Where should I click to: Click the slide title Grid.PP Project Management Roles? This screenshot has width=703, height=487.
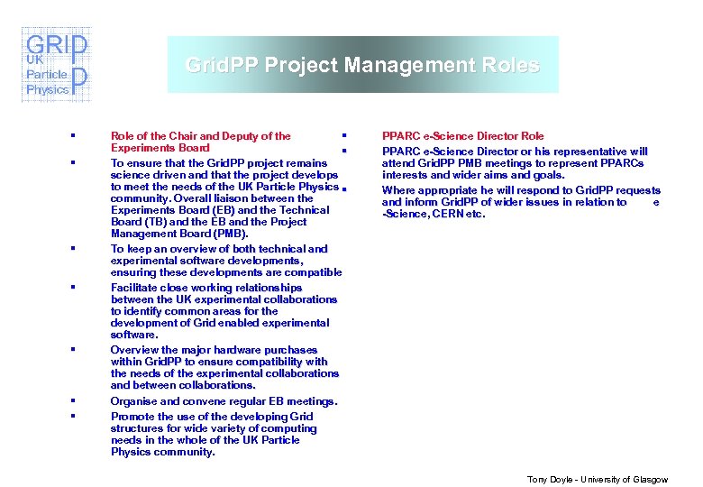(x=362, y=66)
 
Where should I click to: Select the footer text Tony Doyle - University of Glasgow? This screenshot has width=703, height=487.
(x=598, y=479)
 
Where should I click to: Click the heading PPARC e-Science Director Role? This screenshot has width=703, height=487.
(x=462, y=136)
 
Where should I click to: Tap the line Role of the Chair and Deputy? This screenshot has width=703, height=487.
(x=200, y=136)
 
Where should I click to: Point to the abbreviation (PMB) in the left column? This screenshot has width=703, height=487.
(x=232, y=234)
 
